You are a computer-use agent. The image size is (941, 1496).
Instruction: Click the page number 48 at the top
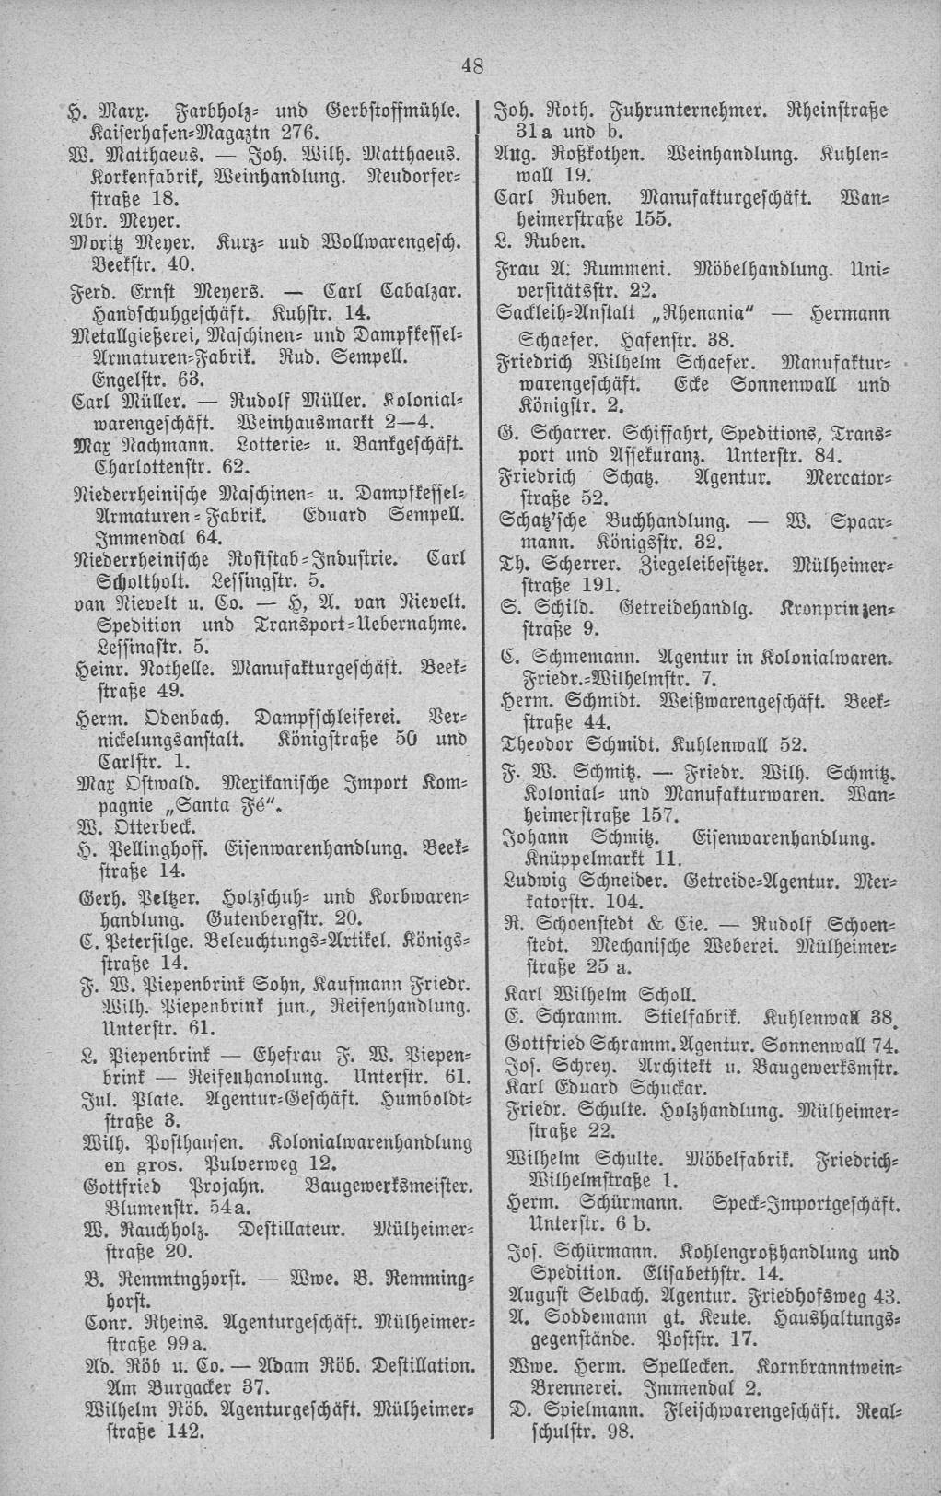[472, 64]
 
